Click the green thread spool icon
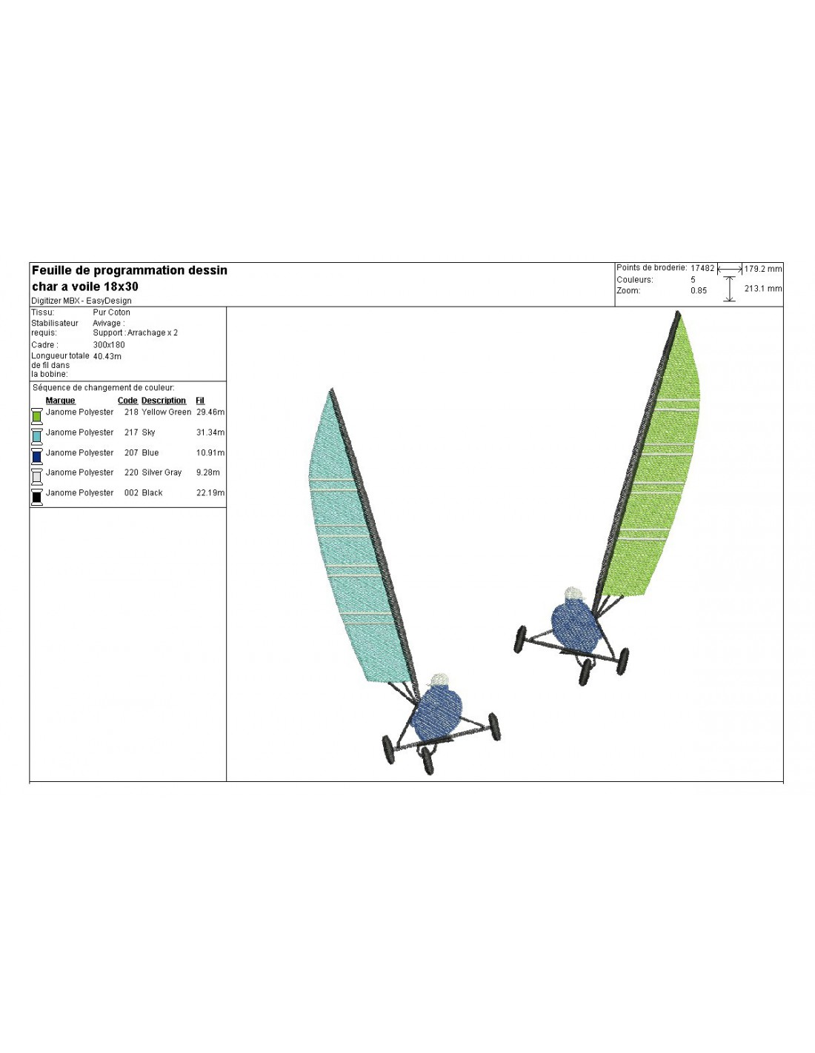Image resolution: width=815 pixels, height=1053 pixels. pos(37,416)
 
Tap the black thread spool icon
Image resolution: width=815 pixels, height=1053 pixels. pos(37,497)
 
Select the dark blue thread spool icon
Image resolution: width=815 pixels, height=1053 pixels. pos(37,456)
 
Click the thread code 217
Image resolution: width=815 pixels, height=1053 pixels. pos(131,432)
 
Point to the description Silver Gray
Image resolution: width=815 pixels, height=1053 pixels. pos(162,472)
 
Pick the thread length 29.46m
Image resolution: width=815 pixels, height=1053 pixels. pos(210,412)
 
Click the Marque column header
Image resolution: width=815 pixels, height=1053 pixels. pos(60,401)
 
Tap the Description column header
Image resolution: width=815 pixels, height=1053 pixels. pos(164,401)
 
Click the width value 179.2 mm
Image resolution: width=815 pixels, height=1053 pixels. pos(762,269)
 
